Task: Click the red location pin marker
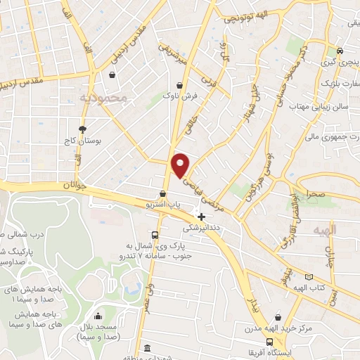(181, 165)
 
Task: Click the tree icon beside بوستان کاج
(83, 129)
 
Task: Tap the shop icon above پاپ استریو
(163, 193)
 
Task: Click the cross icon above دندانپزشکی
(201, 217)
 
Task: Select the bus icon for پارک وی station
(155, 236)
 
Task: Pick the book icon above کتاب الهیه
(310, 278)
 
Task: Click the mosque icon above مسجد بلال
(98, 317)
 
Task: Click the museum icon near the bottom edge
(147, 349)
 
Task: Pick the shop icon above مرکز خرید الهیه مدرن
(279, 318)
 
